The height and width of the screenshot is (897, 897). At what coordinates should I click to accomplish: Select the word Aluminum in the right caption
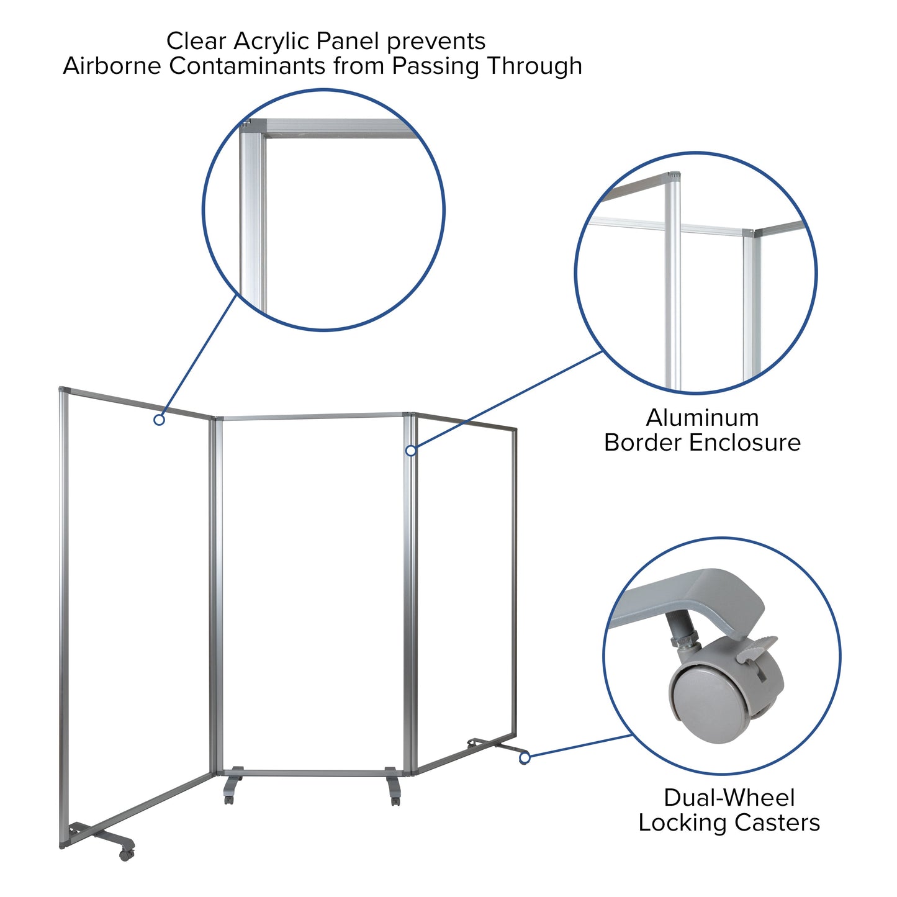pyautogui.click(x=702, y=418)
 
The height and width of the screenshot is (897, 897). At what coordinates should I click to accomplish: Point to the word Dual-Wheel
pyautogui.click(x=729, y=798)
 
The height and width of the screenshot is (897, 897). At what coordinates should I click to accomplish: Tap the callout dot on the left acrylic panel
pyautogui.click(x=159, y=420)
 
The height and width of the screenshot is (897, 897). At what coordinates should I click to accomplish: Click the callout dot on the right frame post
pyautogui.click(x=411, y=451)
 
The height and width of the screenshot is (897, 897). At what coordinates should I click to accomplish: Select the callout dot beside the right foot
pyautogui.click(x=525, y=758)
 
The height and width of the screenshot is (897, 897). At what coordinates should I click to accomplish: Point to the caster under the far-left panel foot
pyautogui.click(x=126, y=854)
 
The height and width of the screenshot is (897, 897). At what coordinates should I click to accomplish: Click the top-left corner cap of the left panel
pyautogui.click(x=63, y=390)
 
